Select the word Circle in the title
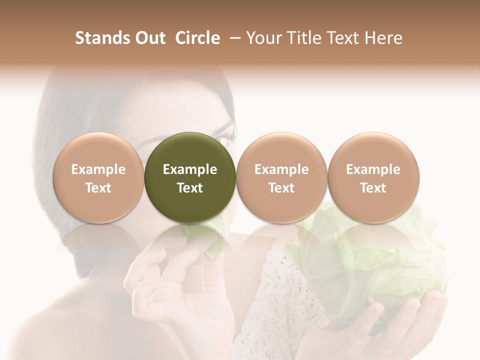click(x=198, y=38)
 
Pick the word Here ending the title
click(x=384, y=38)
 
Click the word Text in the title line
click(x=344, y=38)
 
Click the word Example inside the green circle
click(x=190, y=169)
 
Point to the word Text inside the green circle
click(x=190, y=188)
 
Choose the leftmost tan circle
click(x=98, y=177)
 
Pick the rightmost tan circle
click(x=373, y=177)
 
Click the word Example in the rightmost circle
click(x=373, y=169)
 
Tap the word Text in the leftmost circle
click(x=98, y=188)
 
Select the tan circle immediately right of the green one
click(x=281, y=177)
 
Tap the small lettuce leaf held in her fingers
click(x=212, y=240)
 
